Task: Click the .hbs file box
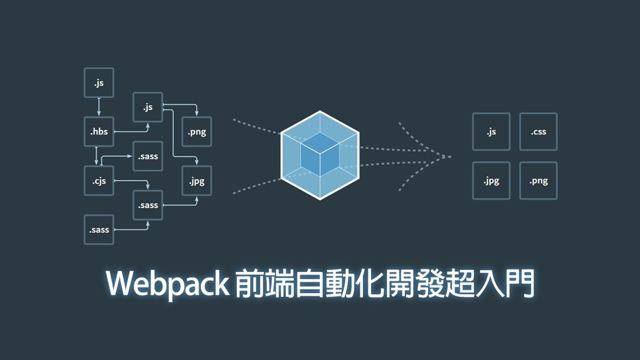(x=99, y=132)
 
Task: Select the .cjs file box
(x=99, y=180)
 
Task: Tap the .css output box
(x=538, y=132)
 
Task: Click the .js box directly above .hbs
(x=99, y=83)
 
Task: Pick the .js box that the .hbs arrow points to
(x=148, y=107)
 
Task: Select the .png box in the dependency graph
(x=197, y=132)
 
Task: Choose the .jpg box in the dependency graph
(x=197, y=180)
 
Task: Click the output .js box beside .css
(x=491, y=132)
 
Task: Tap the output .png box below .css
(x=538, y=180)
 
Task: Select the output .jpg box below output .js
(x=491, y=180)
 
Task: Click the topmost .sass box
(x=148, y=156)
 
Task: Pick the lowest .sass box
(x=99, y=229)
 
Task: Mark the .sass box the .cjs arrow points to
(x=148, y=205)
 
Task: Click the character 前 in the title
(x=250, y=284)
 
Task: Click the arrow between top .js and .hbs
(x=99, y=107)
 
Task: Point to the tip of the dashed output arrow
(x=450, y=156)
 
